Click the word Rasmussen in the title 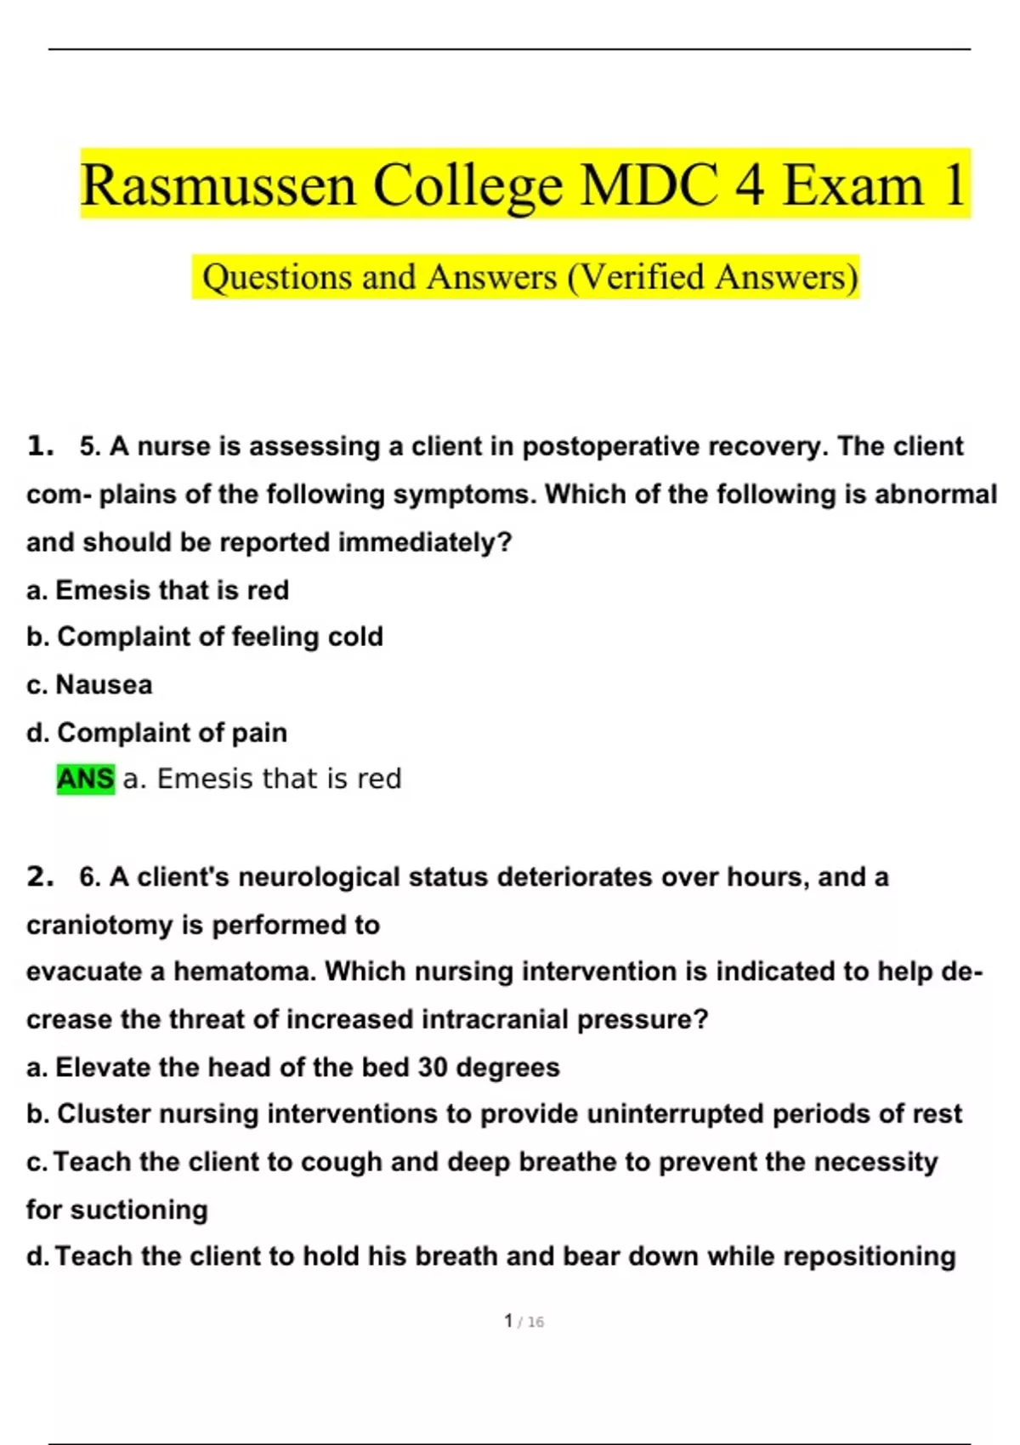click(218, 185)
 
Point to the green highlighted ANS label click(85, 779)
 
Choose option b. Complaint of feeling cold click(205, 637)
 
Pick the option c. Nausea click(89, 684)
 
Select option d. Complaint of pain click(157, 732)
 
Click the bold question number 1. click(40, 445)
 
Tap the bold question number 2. click(40, 876)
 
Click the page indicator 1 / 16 click(524, 1321)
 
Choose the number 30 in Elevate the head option click(433, 1068)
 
